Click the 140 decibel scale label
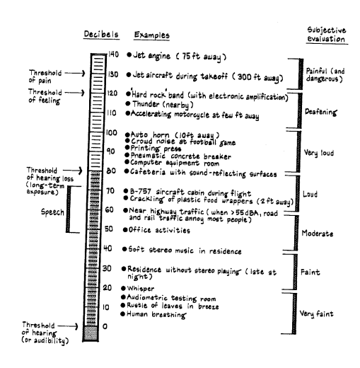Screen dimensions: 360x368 point(113,54)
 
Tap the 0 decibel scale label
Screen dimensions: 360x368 point(105,326)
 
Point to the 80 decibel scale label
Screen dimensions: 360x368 point(111,171)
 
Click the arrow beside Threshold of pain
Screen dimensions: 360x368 point(75,73)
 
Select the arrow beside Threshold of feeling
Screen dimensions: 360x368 point(75,93)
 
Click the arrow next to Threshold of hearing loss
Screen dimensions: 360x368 point(73,171)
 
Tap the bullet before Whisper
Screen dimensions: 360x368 point(123,288)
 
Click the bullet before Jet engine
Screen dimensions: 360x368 point(129,54)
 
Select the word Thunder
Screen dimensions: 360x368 point(146,104)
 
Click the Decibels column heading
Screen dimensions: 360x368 point(101,35)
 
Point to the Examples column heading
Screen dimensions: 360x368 point(151,35)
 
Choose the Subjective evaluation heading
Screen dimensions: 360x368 point(327,35)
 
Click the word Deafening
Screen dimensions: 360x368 point(321,112)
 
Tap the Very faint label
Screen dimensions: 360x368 point(316,314)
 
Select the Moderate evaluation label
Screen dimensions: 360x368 point(318,234)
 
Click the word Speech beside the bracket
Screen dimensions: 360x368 point(52,212)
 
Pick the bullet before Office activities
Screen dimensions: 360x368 point(125,230)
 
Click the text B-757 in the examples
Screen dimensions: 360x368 point(141,191)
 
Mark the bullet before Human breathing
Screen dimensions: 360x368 point(122,314)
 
